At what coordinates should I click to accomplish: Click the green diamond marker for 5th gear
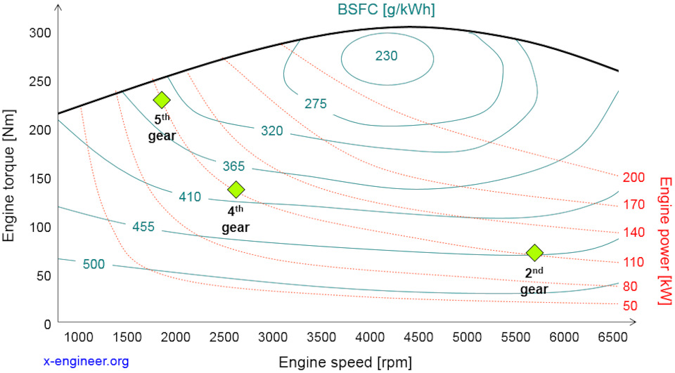point(162,100)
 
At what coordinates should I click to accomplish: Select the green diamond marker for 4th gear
point(236,189)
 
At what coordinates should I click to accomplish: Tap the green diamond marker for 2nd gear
point(534,252)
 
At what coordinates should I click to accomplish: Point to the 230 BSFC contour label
point(386,55)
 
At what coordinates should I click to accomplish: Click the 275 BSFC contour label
point(316,103)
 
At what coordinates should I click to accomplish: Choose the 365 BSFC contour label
point(233,166)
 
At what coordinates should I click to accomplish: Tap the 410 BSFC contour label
point(190,197)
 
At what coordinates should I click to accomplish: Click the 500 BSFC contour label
point(94,264)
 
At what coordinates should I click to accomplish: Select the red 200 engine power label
point(634,177)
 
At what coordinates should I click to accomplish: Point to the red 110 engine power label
point(634,262)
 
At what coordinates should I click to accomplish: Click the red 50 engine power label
point(630,306)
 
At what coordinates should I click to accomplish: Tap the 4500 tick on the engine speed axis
point(418,337)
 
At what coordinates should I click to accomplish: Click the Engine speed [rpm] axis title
point(345,362)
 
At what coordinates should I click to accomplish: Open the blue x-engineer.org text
point(86,361)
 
